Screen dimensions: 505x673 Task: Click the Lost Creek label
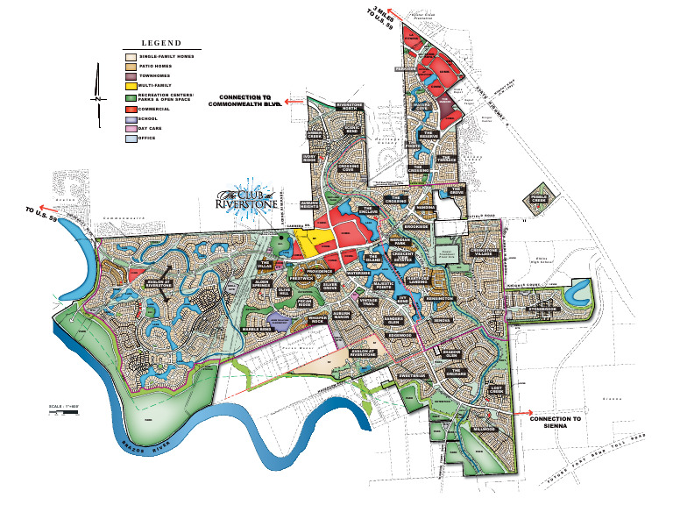(x=497, y=388)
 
